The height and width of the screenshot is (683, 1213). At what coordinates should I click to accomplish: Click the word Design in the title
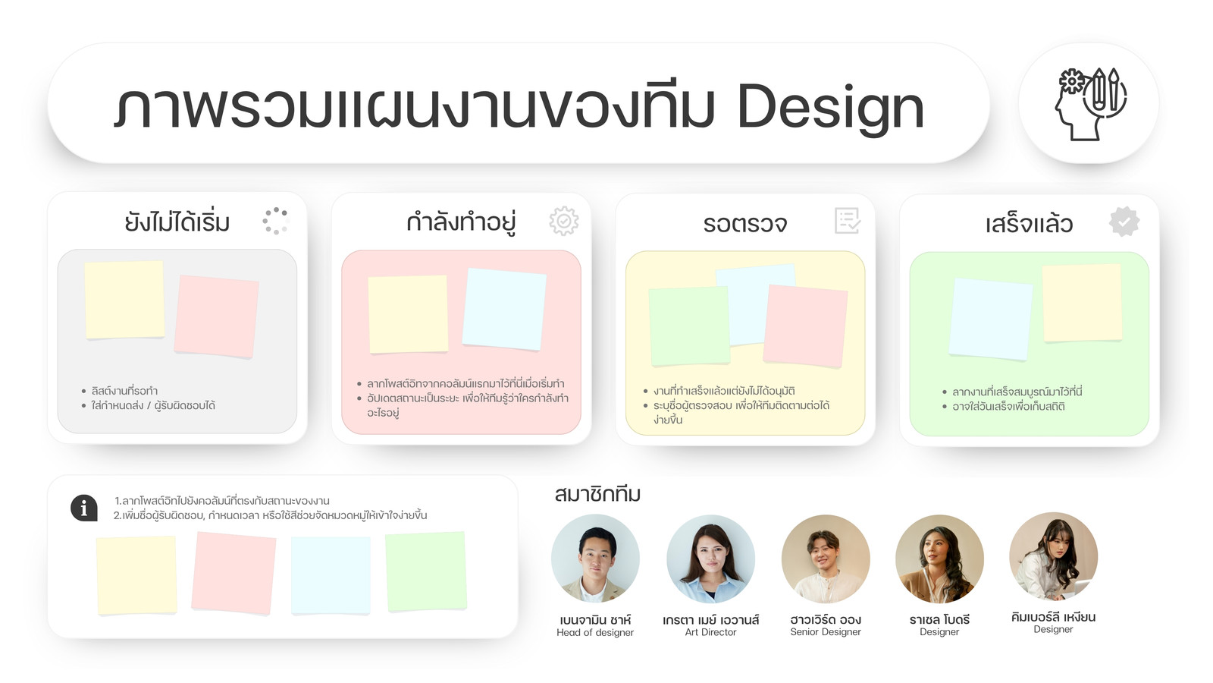[830, 109]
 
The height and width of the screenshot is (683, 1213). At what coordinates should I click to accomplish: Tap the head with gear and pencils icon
[1089, 103]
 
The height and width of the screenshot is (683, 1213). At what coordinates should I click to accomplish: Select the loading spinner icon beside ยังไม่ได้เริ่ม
[276, 221]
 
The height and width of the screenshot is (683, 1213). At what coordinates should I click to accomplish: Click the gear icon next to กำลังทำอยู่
[564, 221]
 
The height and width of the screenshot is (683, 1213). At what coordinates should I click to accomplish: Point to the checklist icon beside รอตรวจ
[848, 221]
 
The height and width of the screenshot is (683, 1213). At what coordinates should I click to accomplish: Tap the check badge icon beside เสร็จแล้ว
[1124, 222]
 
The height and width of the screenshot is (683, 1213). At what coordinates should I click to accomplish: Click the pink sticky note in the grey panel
[217, 316]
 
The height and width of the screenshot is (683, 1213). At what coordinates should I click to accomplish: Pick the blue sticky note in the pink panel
[504, 309]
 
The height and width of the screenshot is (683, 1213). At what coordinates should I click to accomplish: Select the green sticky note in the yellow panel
[689, 326]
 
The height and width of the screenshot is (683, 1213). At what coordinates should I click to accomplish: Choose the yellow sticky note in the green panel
[1082, 303]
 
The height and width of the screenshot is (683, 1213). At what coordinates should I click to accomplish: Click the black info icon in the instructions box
[84, 508]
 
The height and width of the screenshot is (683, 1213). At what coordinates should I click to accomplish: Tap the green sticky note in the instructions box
[426, 571]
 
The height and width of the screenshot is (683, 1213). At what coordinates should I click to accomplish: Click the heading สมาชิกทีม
[597, 494]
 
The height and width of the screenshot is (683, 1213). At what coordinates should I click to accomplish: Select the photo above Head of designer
[595, 559]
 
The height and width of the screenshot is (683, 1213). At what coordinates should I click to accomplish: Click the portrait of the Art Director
[710, 559]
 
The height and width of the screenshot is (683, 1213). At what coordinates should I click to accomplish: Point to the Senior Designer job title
[826, 632]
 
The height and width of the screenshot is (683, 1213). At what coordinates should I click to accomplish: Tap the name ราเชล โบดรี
[939, 619]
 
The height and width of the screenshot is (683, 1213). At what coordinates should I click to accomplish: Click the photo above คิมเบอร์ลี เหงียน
[1053, 557]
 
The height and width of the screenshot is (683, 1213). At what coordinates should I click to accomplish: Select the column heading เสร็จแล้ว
[1029, 224]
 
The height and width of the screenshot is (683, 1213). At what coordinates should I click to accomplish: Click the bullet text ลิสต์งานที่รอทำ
[124, 391]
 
